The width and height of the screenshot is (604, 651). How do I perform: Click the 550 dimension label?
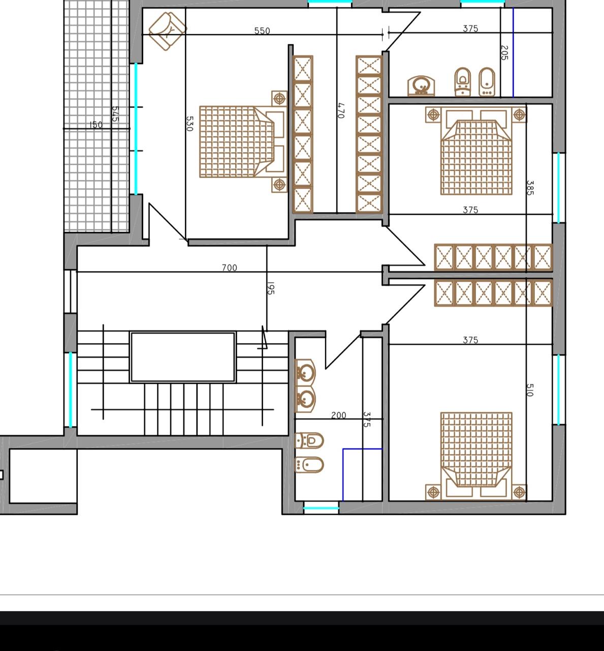[262, 31]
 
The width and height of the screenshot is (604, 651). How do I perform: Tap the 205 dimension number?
[504, 52]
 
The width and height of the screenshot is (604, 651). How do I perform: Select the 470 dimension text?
[341, 111]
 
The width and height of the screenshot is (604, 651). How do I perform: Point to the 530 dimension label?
[189, 124]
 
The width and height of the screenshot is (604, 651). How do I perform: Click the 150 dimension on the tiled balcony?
[96, 125]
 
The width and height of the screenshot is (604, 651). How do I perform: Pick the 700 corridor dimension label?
[229, 268]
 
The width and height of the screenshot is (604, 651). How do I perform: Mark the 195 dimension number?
[271, 288]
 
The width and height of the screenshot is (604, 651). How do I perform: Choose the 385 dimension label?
[530, 188]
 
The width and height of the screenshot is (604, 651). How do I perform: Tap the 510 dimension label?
[530, 390]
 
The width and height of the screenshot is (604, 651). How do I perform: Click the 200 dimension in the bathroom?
[339, 416]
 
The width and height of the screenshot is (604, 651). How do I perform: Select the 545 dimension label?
[115, 114]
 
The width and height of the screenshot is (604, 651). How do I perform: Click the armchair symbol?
[167, 31]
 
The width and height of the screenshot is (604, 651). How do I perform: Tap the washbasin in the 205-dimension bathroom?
[421, 86]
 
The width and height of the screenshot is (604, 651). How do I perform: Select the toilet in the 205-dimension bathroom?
[462, 82]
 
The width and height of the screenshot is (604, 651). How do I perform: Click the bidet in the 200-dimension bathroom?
[309, 465]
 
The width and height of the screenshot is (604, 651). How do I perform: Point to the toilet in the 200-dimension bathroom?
[309, 440]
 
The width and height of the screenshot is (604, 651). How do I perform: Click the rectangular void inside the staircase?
[183, 357]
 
